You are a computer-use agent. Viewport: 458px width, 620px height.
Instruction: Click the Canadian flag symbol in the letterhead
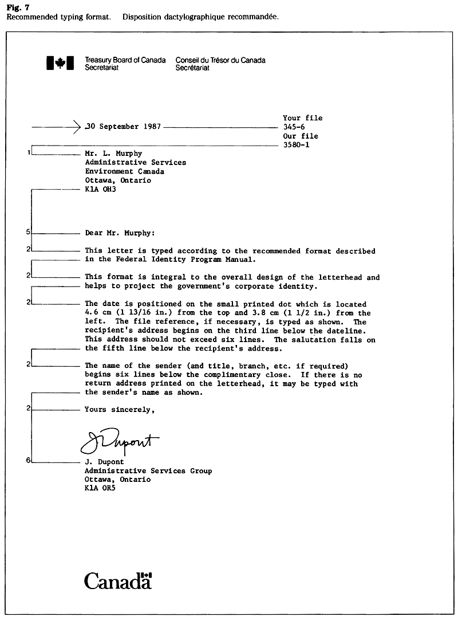[x=60, y=64]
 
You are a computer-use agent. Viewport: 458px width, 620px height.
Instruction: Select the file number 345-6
[x=295, y=127]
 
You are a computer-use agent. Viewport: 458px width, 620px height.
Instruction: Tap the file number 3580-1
[x=297, y=146]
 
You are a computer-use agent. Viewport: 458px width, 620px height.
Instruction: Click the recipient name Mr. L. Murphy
[x=113, y=154]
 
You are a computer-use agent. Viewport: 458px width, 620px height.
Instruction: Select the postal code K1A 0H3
[x=100, y=189]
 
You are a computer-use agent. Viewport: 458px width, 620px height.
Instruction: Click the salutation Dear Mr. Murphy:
[x=120, y=233]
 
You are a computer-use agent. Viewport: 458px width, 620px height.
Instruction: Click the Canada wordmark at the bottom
[x=118, y=580]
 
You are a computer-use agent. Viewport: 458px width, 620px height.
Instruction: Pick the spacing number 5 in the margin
[x=28, y=232]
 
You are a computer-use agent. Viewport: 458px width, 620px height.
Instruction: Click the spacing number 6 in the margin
[x=28, y=460]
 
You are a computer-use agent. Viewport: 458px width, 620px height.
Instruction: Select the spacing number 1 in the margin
[x=28, y=154]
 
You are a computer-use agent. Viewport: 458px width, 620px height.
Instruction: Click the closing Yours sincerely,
[x=120, y=410]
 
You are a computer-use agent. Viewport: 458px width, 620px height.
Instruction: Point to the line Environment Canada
[x=124, y=171]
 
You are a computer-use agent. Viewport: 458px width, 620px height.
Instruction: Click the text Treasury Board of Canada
[x=125, y=60]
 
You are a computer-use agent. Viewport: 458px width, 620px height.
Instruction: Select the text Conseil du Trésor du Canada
[x=220, y=60]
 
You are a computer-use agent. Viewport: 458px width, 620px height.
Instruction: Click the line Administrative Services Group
[x=148, y=471]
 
